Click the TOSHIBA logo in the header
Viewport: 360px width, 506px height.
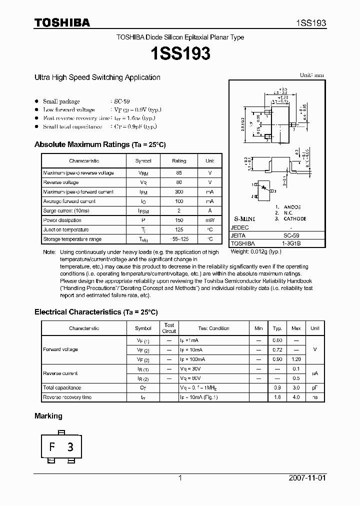click(x=62, y=22)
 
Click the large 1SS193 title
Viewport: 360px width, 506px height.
click(x=180, y=53)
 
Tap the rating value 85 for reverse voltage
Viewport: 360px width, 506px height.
click(x=178, y=173)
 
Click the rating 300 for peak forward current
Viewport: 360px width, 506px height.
click(x=178, y=192)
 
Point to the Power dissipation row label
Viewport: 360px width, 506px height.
click(x=62, y=220)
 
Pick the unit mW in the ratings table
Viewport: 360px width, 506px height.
click(x=209, y=220)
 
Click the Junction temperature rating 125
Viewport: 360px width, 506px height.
click(x=178, y=230)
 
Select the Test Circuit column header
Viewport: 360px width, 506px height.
click(x=169, y=328)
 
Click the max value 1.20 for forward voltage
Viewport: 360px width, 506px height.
click(x=296, y=359)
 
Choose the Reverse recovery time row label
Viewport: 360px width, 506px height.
click(x=67, y=397)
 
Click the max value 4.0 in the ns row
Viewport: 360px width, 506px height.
click(x=296, y=397)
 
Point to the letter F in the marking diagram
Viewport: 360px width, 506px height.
click(x=52, y=447)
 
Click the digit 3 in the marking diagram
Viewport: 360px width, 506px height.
click(x=70, y=447)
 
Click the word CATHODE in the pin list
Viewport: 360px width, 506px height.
click(x=295, y=219)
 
